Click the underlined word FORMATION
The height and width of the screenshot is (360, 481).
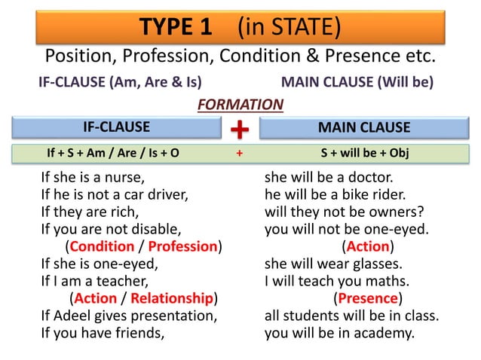[240, 105]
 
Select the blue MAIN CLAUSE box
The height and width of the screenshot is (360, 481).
[364, 127]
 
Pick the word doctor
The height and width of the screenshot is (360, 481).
[369, 179]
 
